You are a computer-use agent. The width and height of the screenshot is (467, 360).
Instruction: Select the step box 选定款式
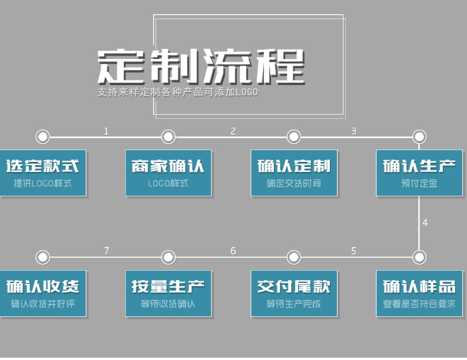(x=43, y=173)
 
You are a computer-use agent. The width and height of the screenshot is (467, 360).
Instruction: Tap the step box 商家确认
(x=168, y=173)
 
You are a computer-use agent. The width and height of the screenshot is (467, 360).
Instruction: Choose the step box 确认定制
(x=294, y=173)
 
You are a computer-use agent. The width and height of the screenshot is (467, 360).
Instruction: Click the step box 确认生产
(x=419, y=173)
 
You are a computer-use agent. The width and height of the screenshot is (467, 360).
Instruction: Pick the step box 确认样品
(x=419, y=293)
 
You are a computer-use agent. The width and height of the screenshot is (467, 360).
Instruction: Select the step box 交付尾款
(x=294, y=293)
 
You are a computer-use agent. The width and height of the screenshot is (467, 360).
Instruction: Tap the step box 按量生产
(x=168, y=293)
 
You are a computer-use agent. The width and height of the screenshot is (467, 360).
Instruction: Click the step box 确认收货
(x=43, y=293)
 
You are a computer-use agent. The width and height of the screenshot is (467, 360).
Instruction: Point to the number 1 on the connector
(x=106, y=131)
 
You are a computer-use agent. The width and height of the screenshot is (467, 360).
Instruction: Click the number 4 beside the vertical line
(x=425, y=223)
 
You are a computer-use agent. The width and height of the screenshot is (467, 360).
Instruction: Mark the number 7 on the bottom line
(x=106, y=251)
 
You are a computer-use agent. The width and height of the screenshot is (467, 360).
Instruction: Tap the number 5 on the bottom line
(x=354, y=251)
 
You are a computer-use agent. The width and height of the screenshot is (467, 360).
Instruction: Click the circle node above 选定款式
(x=43, y=137)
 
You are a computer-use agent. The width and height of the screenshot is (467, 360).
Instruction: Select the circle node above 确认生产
(x=419, y=137)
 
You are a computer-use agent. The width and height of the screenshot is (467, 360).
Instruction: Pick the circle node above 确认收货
(x=43, y=257)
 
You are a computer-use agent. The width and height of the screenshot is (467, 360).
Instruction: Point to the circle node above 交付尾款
(x=294, y=257)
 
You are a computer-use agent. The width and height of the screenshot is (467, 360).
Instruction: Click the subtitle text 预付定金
(x=419, y=183)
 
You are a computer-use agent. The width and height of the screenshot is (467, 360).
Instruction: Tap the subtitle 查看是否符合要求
(x=419, y=304)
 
